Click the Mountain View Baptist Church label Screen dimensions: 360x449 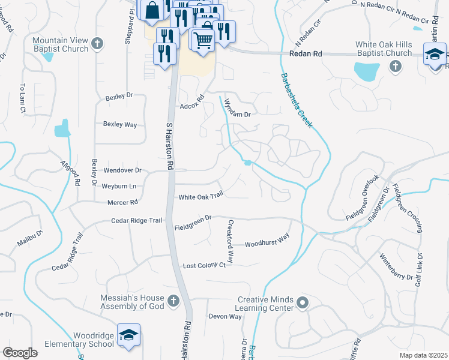pos(60,44)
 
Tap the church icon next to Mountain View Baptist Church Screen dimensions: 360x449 pos(98,43)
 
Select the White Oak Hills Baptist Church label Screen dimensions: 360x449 pos(384,49)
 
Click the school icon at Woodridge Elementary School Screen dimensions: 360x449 pos(128,335)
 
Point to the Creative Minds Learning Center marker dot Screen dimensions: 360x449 pos(303,304)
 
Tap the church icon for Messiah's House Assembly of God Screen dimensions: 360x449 pos(173,300)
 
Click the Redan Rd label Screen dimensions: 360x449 pos(306,54)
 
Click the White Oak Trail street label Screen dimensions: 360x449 pos(200,196)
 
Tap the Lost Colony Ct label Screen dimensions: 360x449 pos(203,265)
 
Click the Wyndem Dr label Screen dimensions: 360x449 pos(236,109)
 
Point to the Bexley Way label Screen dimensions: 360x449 pos(120,125)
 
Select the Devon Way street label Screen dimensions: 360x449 pos(225,316)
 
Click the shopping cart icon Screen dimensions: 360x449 pos(203,40)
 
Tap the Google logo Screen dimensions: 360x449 pos(20,352)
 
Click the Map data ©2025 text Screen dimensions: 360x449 pos(423,355)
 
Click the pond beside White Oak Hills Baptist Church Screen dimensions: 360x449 pos(366,72)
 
